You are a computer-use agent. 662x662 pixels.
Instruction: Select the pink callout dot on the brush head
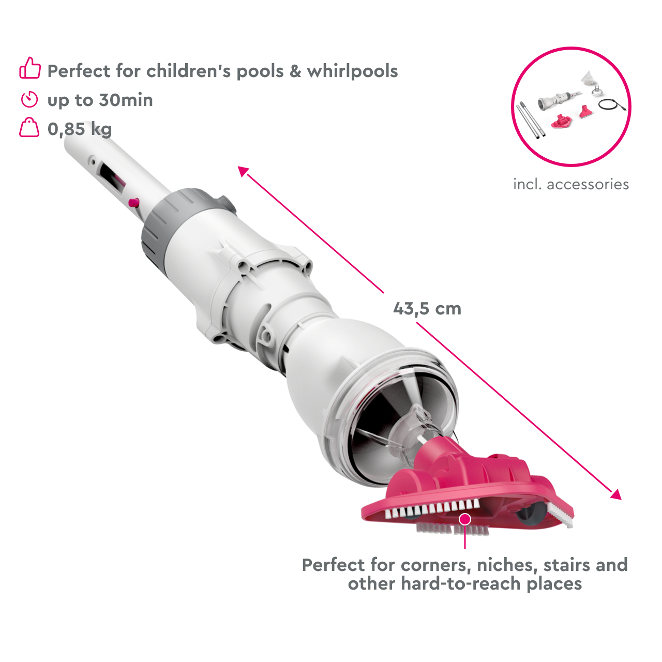pyautogui.click(x=465, y=519)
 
